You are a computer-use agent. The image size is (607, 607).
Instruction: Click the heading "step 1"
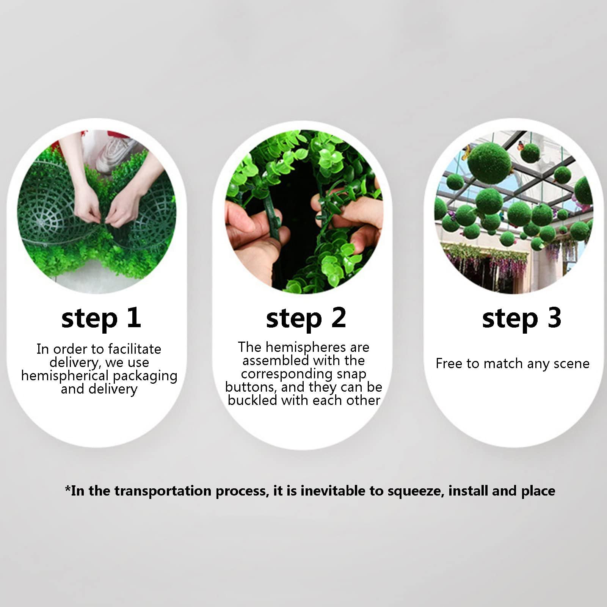click(101, 318)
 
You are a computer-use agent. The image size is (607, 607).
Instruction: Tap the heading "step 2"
click(306, 318)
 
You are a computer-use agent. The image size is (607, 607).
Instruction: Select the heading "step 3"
click(522, 318)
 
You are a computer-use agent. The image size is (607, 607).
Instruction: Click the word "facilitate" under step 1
click(134, 349)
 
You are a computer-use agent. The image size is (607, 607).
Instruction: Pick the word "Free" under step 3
click(449, 363)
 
